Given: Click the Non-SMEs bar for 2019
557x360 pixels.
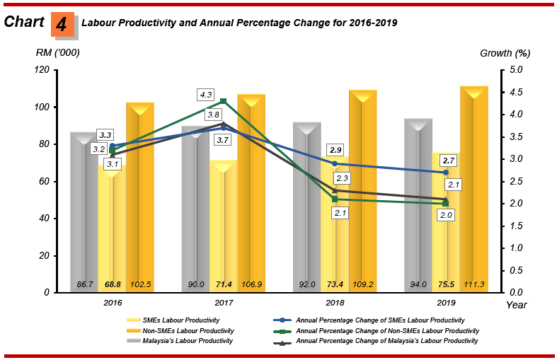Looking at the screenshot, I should tap(474, 184).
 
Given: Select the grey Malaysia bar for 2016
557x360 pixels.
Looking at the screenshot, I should tap(84, 212).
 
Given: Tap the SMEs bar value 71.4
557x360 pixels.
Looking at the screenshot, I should tap(224, 285).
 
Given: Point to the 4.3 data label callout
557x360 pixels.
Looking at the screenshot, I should tap(206, 94).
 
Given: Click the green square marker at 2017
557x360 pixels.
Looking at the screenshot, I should tap(224, 101).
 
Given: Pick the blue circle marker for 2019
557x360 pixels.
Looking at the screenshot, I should tap(446, 173).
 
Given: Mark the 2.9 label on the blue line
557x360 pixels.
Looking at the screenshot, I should tap(335, 150).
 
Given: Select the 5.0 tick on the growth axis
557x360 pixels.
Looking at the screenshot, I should tap(516, 70).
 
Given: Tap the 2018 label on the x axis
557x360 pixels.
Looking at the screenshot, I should tap(335, 302).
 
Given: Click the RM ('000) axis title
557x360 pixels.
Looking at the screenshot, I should tap(58, 52).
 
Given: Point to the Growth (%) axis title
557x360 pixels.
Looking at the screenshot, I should tap(505, 52).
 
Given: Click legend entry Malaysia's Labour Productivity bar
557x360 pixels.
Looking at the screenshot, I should tap(186, 341).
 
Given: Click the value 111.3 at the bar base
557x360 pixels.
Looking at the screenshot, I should tap(474, 285).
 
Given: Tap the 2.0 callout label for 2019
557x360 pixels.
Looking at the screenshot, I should tap(446, 214).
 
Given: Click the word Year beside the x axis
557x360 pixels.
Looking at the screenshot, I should tap(517, 304).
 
